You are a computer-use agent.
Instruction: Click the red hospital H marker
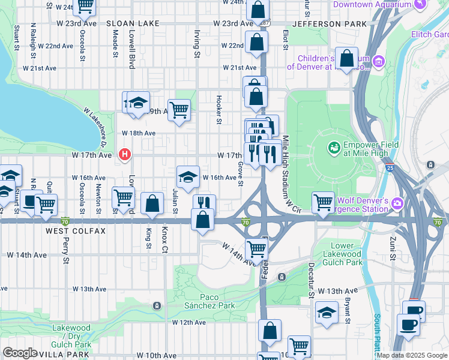click(x=125, y=155)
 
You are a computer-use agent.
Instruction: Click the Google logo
click(x=20, y=352)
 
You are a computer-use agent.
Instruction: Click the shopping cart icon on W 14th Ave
click(x=257, y=247)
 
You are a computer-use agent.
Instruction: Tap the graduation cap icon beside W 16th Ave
click(x=188, y=176)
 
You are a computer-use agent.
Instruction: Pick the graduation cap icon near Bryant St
click(x=326, y=313)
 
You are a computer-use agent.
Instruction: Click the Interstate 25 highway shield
click(x=390, y=168)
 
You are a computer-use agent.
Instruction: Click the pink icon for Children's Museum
click(x=378, y=61)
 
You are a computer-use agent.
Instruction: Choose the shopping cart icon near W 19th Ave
click(x=179, y=110)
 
